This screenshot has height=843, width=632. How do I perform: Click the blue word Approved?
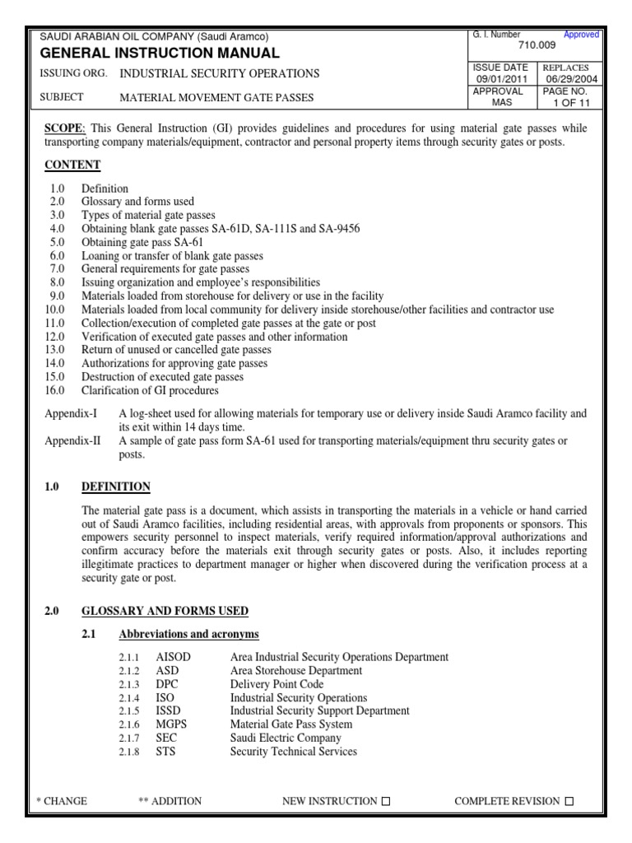[x=581, y=35]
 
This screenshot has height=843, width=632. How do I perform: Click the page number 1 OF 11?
[x=572, y=104]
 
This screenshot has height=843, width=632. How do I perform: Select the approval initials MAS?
[x=502, y=104]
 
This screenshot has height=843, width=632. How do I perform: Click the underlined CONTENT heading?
[x=72, y=165]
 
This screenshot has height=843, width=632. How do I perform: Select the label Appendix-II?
[x=72, y=440]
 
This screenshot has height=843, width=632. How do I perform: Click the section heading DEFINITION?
[x=115, y=487]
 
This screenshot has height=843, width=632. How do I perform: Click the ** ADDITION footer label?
[x=170, y=801]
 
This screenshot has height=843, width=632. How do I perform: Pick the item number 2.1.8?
[x=127, y=752]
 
